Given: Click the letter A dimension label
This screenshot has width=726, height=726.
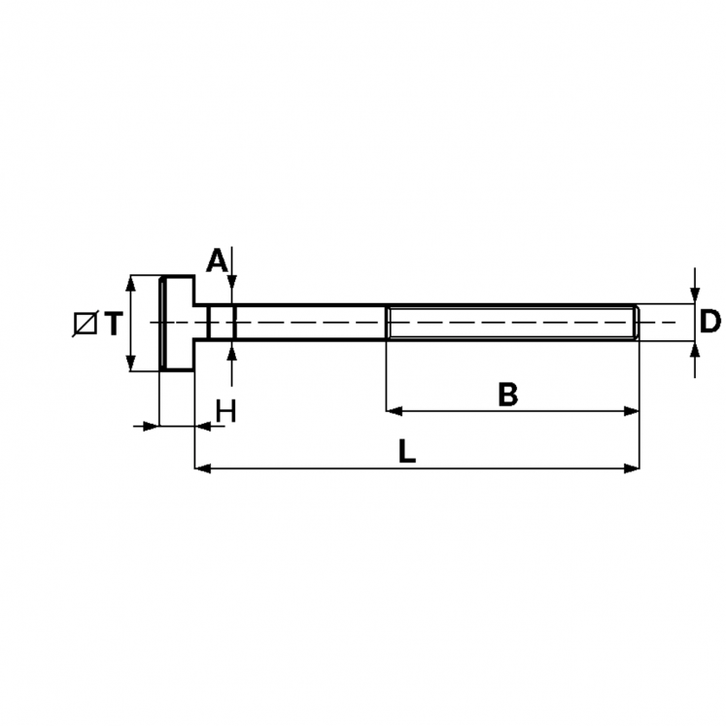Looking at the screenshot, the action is [216, 260].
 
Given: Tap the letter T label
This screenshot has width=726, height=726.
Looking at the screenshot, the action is [114, 323].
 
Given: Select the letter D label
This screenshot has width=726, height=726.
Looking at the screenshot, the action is [709, 322].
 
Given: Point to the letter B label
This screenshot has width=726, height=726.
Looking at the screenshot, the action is [508, 394].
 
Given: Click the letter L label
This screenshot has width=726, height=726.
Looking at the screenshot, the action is [407, 451].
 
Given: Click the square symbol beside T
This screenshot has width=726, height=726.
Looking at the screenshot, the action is [86, 324].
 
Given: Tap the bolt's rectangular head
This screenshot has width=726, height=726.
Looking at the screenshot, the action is [177, 324].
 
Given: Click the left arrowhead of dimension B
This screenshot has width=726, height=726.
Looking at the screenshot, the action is [394, 411].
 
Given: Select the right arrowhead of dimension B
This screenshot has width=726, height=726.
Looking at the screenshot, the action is [632, 411].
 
